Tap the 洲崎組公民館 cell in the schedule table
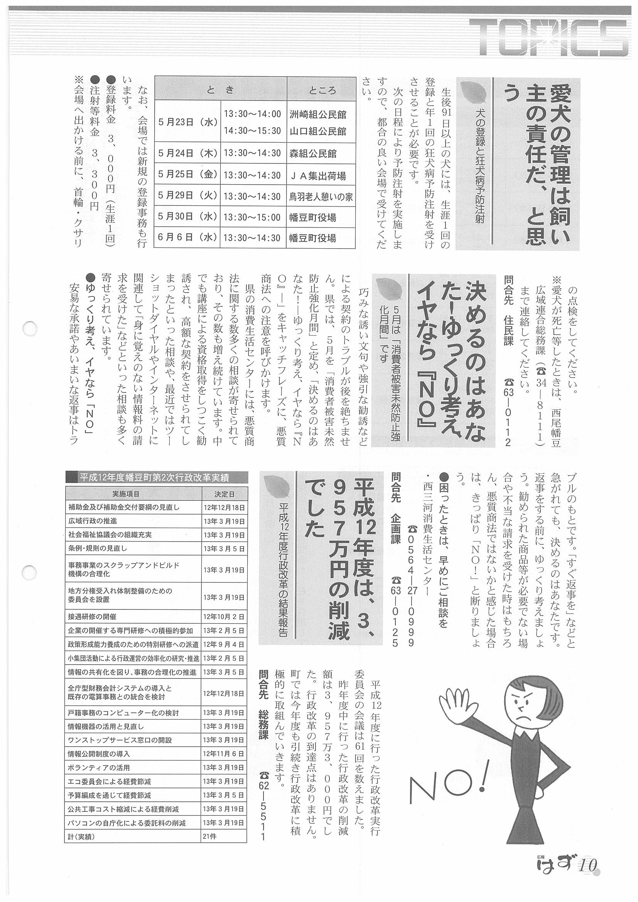coord(317,114)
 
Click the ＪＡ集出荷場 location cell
coord(317,176)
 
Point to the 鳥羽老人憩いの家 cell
coord(321,197)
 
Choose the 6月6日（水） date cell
coord(187,238)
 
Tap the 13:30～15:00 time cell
coord(252,217)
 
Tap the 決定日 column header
coord(224,494)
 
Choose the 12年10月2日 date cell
coord(224,617)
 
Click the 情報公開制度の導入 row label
coord(99,754)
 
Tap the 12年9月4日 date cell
coord(224,645)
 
